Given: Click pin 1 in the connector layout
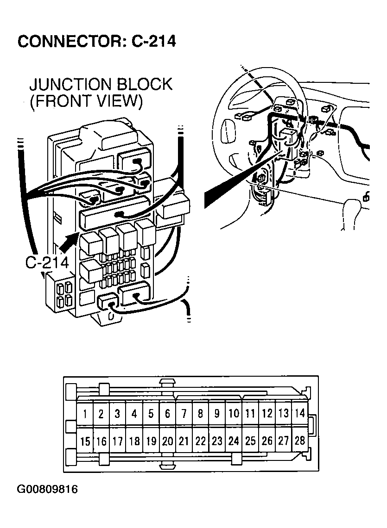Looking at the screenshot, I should click(x=85, y=413).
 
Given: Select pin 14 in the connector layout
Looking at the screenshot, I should click(x=300, y=413).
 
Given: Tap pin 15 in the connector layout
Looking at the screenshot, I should click(x=85, y=441).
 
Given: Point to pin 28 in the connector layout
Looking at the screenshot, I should click(x=300, y=440).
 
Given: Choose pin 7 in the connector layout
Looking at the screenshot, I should click(x=184, y=413).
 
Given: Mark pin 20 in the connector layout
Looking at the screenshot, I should click(x=167, y=441).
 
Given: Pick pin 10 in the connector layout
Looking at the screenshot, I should click(x=234, y=413).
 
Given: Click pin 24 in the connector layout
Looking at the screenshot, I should click(x=234, y=441).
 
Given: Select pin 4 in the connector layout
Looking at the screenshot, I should click(x=134, y=413).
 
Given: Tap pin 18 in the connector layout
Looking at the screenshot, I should click(x=134, y=441).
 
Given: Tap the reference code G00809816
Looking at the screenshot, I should click(x=47, y=490).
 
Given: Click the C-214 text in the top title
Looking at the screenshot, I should click(x=153, y=41).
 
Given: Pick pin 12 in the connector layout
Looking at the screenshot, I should click(x=266, y=413).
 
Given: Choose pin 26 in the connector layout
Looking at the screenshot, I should click(x=266, y=441).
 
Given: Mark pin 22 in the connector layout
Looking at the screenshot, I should click(x=200, y=441).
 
